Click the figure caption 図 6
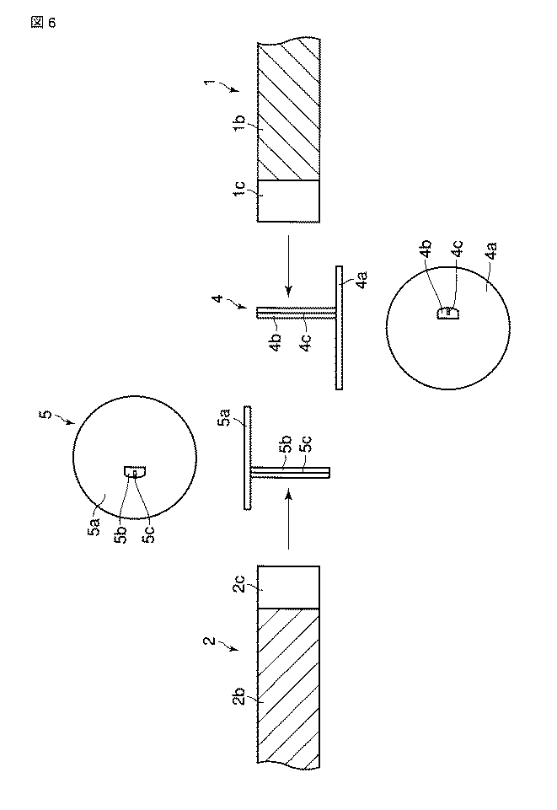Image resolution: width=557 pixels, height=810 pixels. (43, 23)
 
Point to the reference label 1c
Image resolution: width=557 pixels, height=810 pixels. (239, 189)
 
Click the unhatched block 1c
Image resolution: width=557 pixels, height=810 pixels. (288, 201)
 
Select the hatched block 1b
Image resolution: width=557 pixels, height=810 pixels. (288, 110)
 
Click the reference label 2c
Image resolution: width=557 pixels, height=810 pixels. (238, 587)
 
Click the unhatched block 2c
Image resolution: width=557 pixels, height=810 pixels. (288, 587)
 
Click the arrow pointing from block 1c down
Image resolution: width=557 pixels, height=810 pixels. (288, 267)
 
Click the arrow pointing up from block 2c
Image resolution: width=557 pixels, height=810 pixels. (288, 520)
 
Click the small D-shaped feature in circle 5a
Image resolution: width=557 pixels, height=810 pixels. (135, 472)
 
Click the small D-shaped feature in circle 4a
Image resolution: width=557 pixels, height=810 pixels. (448, 313)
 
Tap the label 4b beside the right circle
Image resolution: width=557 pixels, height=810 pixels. (426, 248)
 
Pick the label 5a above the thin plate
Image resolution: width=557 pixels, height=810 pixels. (225, 416)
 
